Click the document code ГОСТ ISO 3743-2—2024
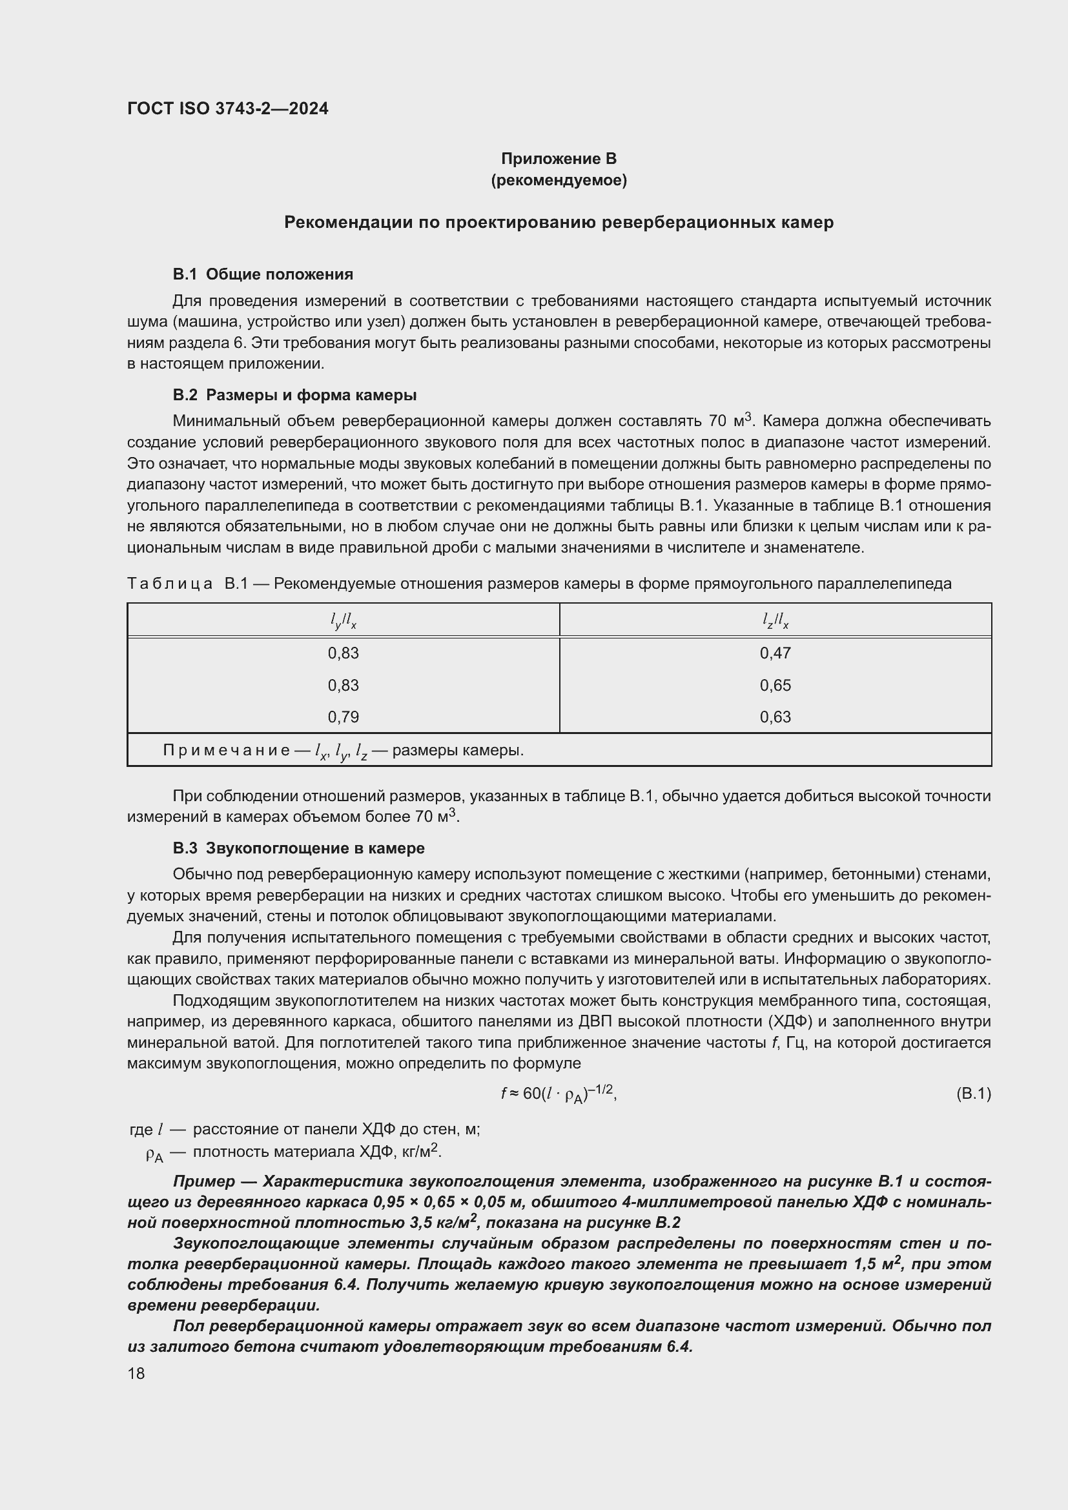[227, 109]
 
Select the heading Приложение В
[559, 159]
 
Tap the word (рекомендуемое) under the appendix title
[559, 180]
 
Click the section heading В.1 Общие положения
[262, 274]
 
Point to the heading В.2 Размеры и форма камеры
[294, 395]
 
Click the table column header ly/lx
[343, 620]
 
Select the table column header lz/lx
[775, 620]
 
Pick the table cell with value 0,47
[775, 653]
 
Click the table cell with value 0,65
[775, 686]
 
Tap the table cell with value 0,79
[343, 717]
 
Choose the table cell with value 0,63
[775, 717]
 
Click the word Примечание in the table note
[226, 750]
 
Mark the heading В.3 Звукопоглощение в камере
[298, 848]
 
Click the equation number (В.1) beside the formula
[972, 1094]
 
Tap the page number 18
[136, 1374]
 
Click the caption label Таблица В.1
[187, 584]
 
